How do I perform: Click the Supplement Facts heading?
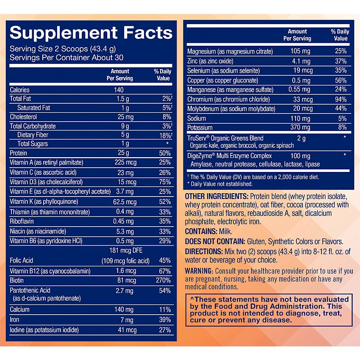[x=91, y=33]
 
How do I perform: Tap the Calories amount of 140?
[x=119, y=90]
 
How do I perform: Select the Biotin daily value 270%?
[x=163, y=280]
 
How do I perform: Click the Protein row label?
[x=18, y=153]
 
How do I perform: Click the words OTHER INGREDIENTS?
[x=216, y=197]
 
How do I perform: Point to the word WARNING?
[x=199, y=271]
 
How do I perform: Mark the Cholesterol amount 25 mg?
[x=124, y=116]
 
